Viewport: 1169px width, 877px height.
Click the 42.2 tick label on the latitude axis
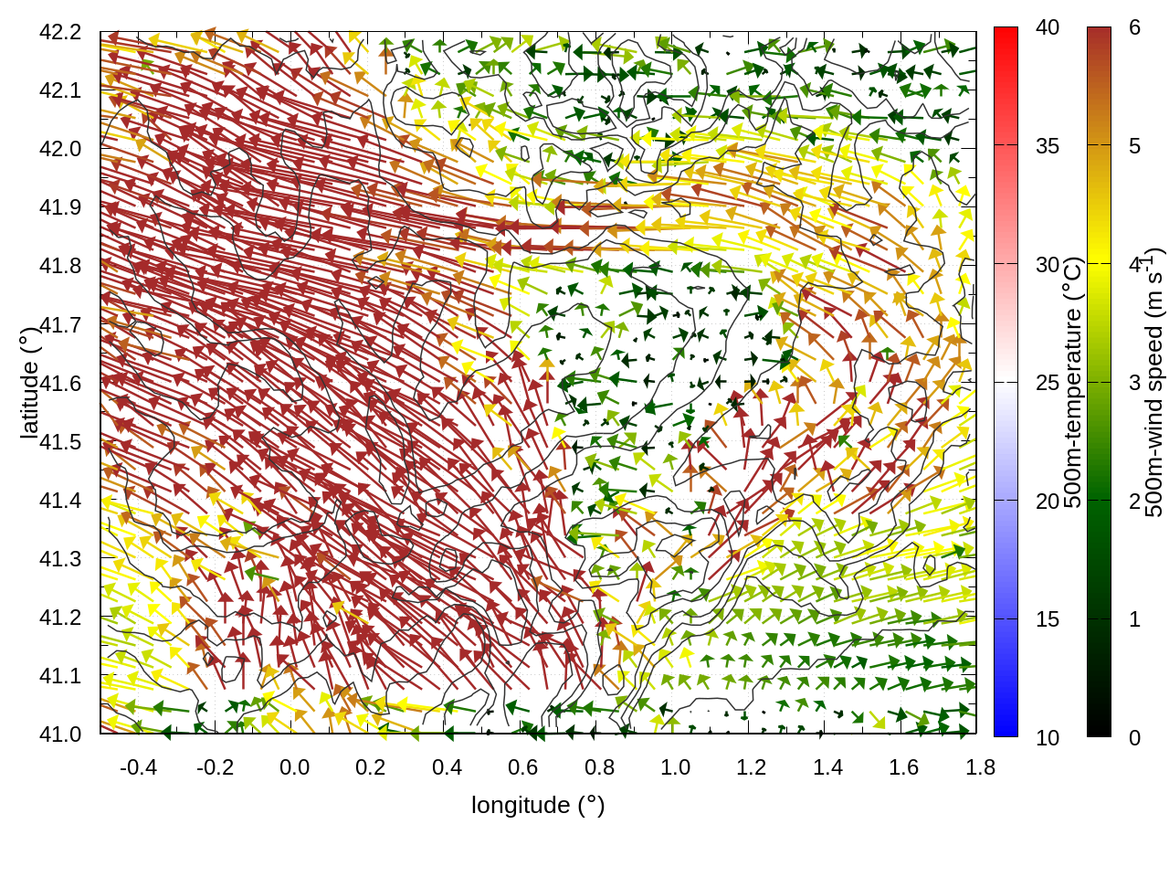pos(60,32)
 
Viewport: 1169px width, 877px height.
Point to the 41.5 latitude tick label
pos(60,442)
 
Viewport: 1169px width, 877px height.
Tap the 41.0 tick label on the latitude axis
pos(60,734)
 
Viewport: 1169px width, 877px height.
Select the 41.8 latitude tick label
pos(60,266)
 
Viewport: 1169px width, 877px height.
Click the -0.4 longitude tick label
pos(138,767)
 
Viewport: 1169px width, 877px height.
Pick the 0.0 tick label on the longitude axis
pos(294,767)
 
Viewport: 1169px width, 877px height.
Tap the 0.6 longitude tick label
pos(522,767)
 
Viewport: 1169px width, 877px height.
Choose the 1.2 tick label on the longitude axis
pos(752,767)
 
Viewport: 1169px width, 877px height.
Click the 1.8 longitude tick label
pos(980,767)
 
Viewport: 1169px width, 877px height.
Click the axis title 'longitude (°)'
pos(538,805)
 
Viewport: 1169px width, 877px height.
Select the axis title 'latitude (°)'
pos(29,383)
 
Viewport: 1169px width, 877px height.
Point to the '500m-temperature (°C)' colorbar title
pos(1073,383)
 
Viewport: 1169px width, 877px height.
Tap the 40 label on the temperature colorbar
pos(1048,28)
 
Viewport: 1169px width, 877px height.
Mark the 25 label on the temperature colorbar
pos(1048,383)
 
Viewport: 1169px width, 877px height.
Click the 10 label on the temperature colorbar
pos(1048,738)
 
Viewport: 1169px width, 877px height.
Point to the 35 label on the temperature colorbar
pos(1048,146)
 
